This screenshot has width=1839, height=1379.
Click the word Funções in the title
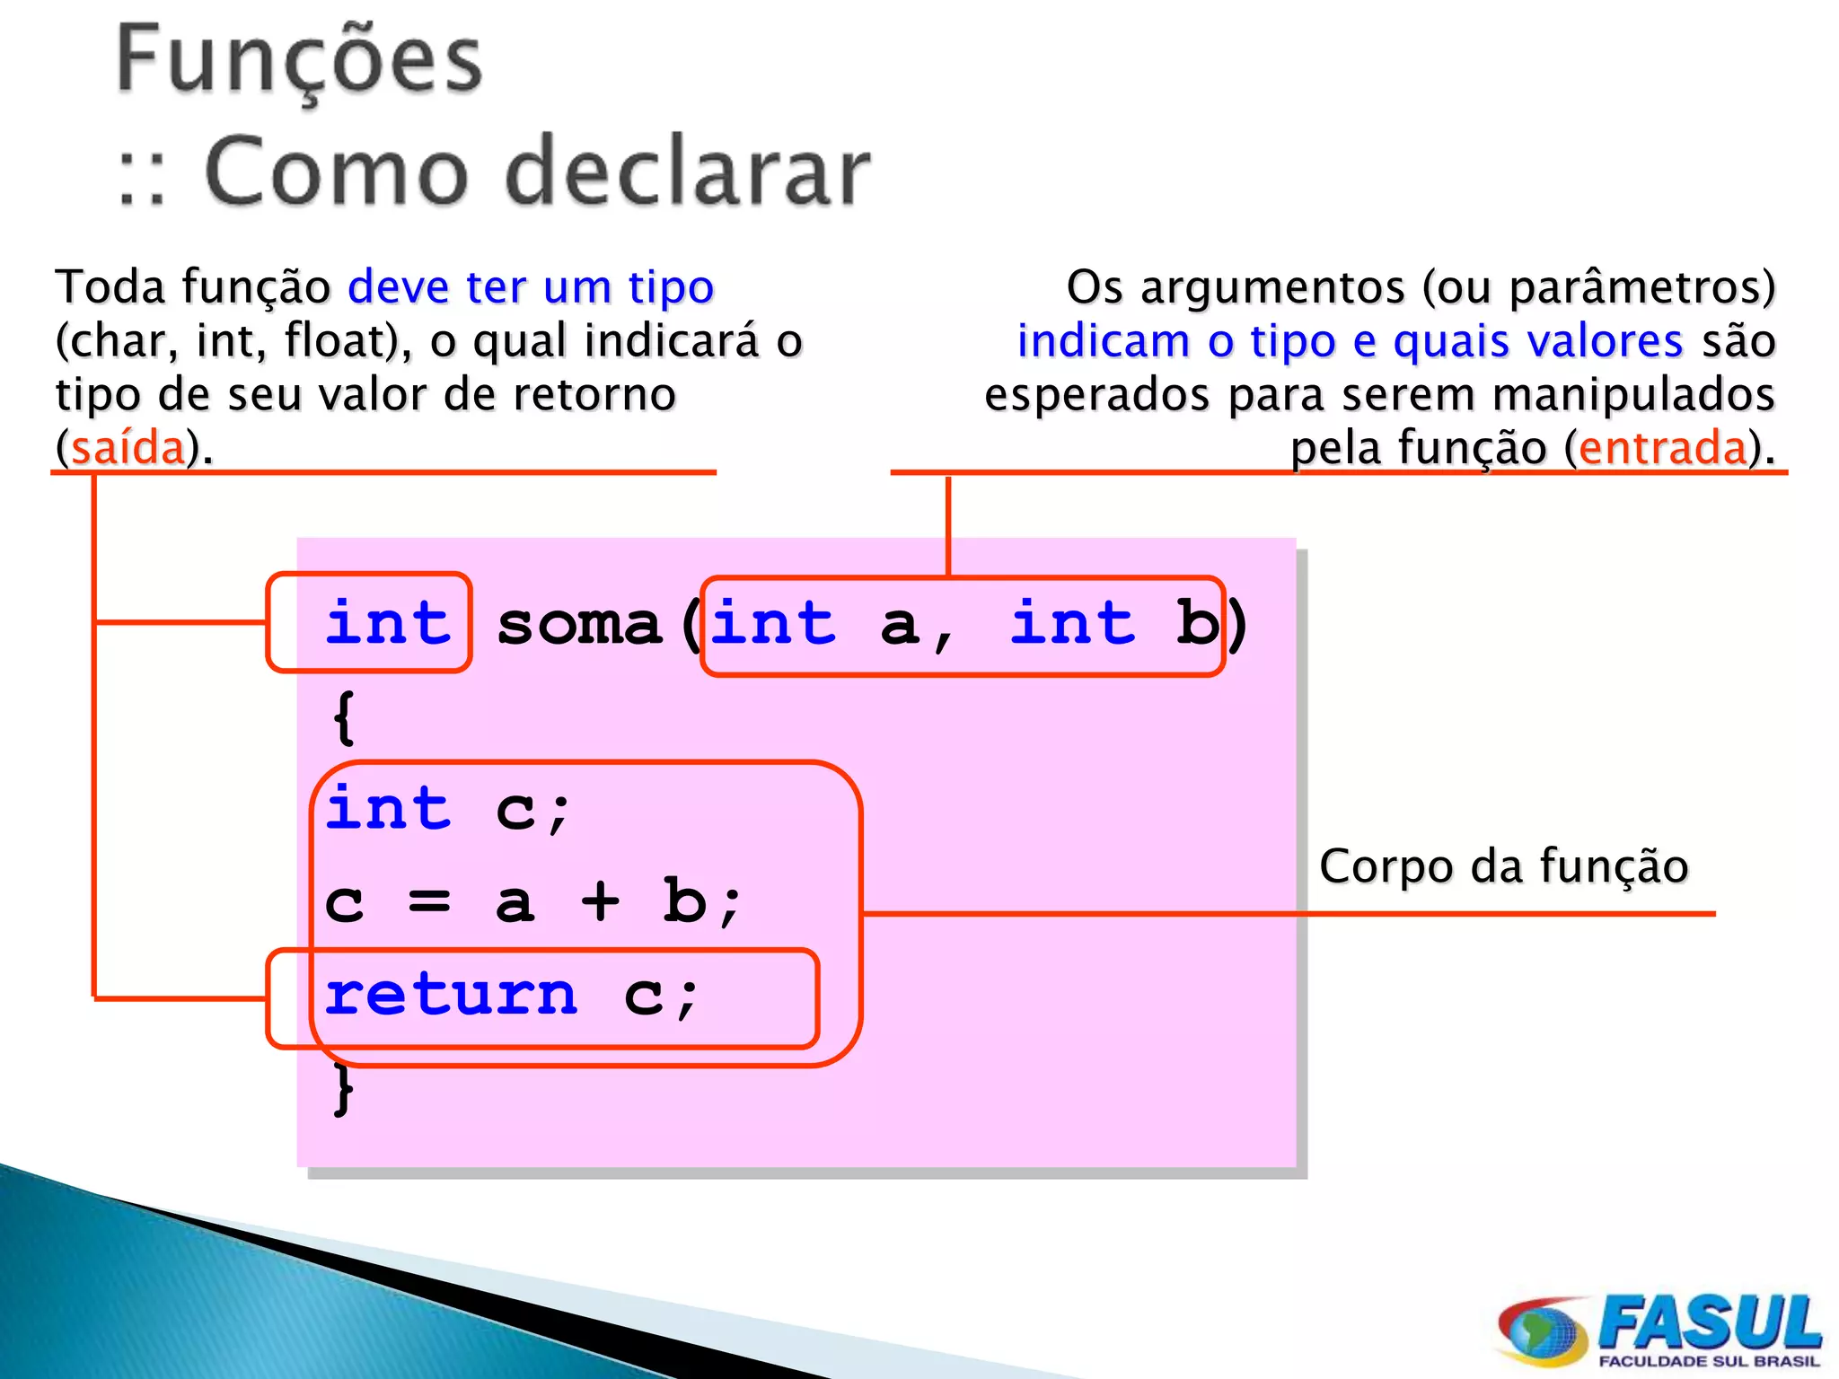[299, 61]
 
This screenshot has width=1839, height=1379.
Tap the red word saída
[128, 447]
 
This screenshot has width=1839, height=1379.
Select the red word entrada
[1663, 447]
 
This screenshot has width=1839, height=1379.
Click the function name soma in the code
[579, 624]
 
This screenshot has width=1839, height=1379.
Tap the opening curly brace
[343, 717]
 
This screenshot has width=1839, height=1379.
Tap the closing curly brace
[343, 1089]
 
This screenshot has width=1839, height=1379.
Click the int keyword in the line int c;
[387, 807]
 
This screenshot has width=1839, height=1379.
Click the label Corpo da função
[1503, 866]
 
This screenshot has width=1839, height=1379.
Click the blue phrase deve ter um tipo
[531, 287]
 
